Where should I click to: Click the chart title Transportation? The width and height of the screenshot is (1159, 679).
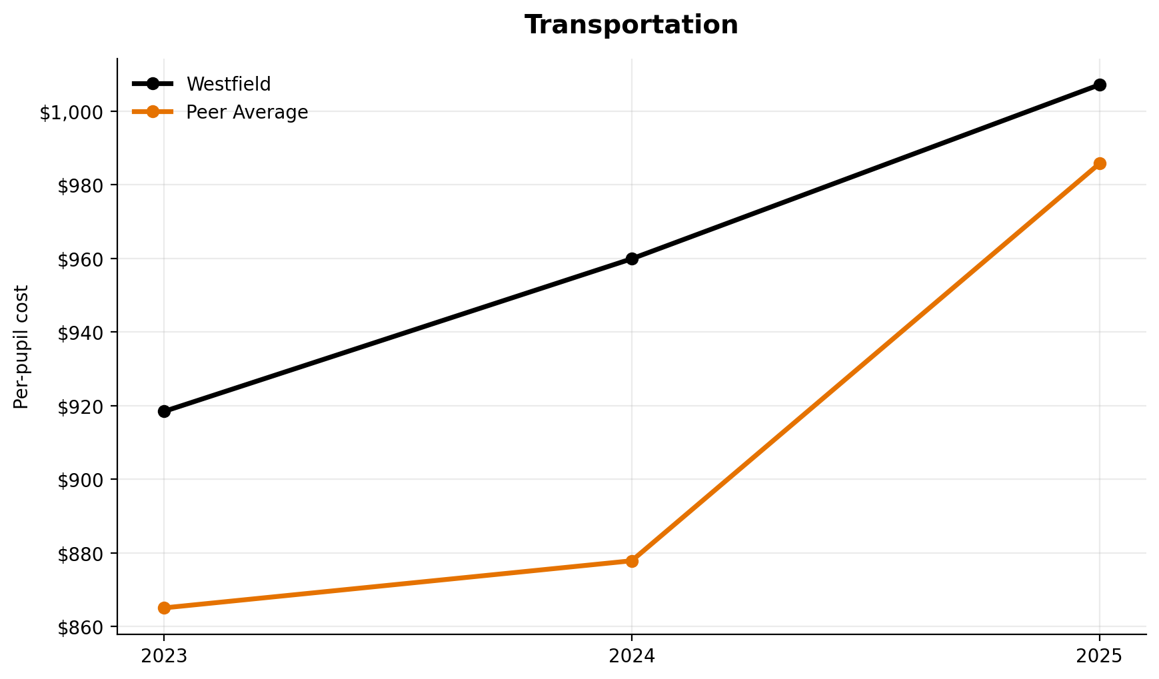click(630, 25)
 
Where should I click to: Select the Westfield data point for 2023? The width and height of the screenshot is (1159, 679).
click(164, 411)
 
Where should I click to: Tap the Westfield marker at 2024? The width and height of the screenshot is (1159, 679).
click(632, 259)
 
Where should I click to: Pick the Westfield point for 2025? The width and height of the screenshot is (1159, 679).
click(1100, 85)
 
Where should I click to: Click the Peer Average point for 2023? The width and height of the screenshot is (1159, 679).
click(164, 608)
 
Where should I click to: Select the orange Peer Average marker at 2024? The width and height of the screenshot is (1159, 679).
click(632, 561)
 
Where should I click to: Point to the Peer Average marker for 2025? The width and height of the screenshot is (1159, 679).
click(1100, 163)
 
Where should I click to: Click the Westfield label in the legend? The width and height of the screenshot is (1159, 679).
click(229, 84)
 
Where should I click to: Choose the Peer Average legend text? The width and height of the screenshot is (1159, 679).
click(247, 112)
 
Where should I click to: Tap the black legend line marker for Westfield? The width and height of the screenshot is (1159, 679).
click(153, 84)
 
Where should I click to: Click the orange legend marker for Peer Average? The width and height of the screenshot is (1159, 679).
click(153, 112)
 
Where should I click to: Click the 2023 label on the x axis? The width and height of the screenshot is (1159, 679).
click(164, 656)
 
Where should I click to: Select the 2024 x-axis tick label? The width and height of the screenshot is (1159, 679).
click(632, 656)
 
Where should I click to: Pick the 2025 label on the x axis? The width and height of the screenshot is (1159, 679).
click(1100, 656)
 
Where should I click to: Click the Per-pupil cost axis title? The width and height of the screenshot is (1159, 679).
click(22, 346)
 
